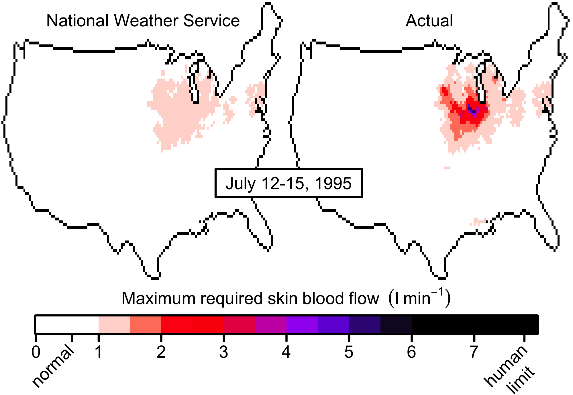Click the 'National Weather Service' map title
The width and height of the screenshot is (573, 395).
click(143, 21)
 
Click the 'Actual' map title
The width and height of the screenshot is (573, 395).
click(429, 21)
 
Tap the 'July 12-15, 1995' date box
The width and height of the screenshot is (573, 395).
click(289, 183)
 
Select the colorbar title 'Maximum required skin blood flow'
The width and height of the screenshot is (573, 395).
click(250, 298)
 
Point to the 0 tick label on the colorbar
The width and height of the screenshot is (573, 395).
click(36, 352)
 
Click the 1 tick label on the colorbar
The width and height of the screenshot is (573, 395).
click(98, 352)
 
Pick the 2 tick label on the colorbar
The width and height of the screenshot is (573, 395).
click(161, 352)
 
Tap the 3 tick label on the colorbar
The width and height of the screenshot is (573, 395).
click(223, 352)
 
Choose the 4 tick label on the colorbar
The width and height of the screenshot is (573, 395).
click(286, 352)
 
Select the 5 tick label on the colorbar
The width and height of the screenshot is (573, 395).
click(349, 352)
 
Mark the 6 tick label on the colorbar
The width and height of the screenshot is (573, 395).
click(411, 352)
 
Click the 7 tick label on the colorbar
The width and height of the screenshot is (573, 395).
click(474, 352)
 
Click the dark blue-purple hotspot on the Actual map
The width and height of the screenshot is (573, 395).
click(472, 110)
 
